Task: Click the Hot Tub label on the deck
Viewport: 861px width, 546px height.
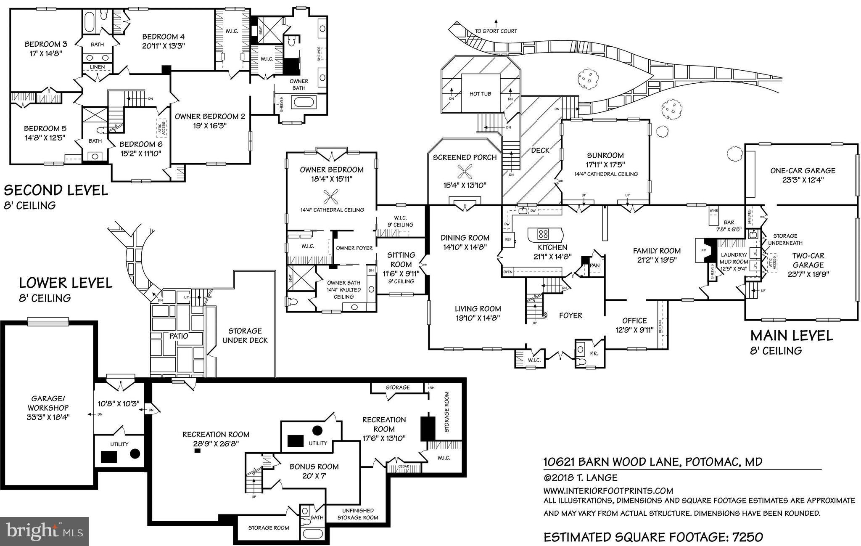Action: [x=480, y=94]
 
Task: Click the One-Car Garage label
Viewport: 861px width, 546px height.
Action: [x=803, y=171]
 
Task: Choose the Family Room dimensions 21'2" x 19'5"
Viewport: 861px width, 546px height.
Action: [x=657, y=260]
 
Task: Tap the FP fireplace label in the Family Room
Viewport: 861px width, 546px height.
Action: [x=701, y=250]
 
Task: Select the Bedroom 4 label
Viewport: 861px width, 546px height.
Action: [x=163, y=37]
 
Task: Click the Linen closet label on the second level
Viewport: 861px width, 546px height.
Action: [x=98, y=67]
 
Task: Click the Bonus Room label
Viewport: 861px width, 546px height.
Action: [x=314, y=466]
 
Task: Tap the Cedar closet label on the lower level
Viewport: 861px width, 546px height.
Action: [x=403, y=466]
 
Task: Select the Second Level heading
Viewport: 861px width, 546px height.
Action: [x=56, y=190]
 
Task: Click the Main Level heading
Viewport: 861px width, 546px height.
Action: [x=791, y=335]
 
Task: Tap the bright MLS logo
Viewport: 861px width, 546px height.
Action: [x=44, y=531]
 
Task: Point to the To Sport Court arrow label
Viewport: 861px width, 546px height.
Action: [x=496, y=31]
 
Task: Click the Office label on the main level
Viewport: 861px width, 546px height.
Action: [x=634, y=321]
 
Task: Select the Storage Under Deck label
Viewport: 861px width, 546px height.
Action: [x=245, y=336]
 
